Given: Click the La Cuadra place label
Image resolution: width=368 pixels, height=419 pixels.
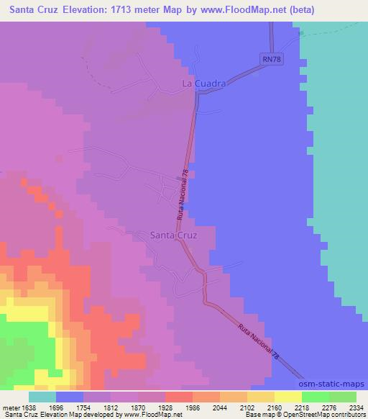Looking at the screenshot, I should click(x=204, y=84).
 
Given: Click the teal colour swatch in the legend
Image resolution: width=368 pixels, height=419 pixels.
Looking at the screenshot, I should click(x=42, y=397).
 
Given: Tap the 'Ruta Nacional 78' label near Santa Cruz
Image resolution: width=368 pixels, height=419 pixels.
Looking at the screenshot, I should click(x=183, y=199).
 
